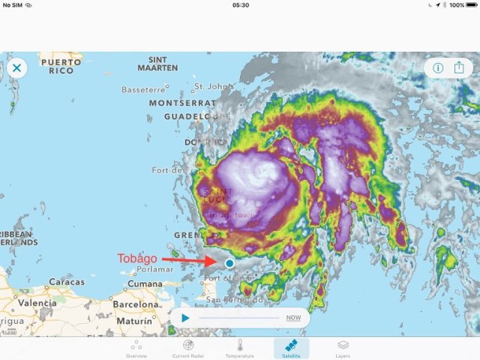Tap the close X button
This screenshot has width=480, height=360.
(x=16, y=68)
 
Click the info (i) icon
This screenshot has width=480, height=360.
(x=438, y=67)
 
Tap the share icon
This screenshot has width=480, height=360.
(x=459, y=67)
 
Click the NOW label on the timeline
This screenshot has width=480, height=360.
(x=293, y=318)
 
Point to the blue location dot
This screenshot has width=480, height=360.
(x=229, y=263)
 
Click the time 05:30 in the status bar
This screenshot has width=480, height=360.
(x=241, y=5)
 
